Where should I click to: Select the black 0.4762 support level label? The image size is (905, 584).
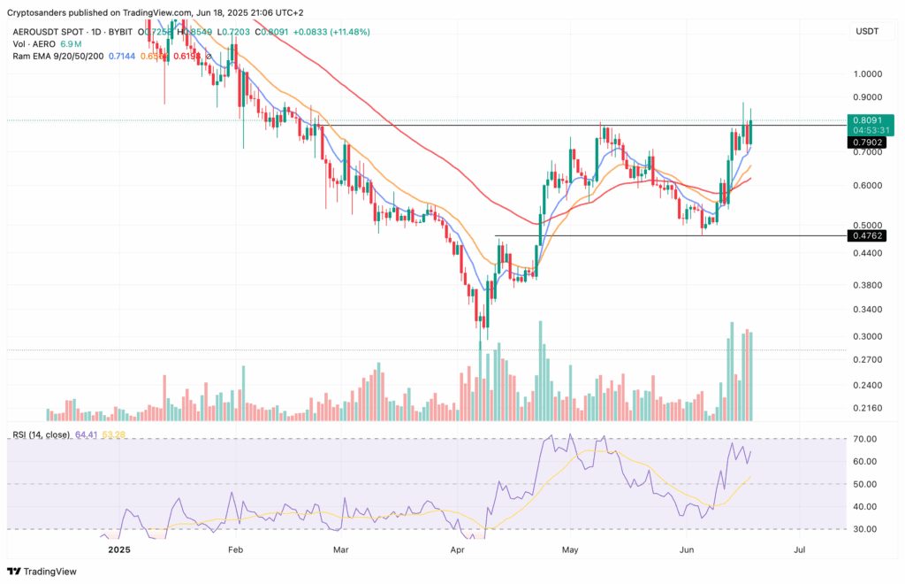pos(864,235)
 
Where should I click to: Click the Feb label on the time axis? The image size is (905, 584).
pos(235,549)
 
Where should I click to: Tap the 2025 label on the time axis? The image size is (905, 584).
pos(118,549)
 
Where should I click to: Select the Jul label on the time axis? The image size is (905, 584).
pos(800,549)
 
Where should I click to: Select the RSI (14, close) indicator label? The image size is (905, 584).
pos(42,434)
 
